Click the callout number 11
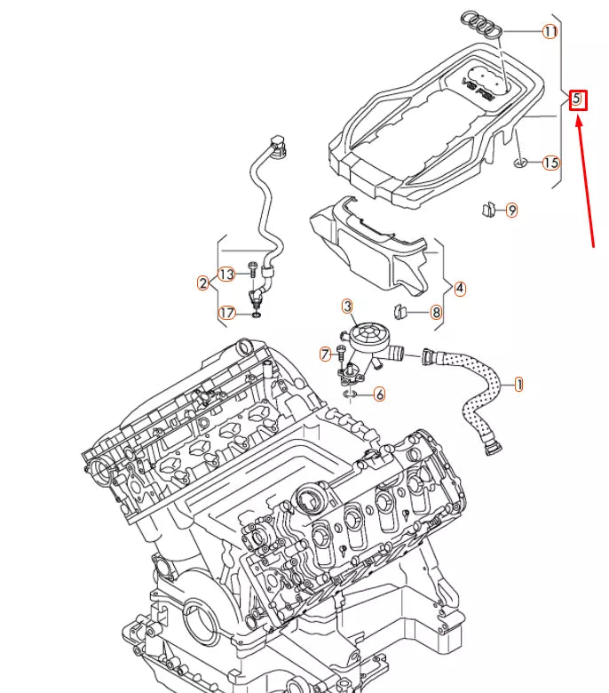[x=550, y=32]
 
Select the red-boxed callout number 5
[x=577, y=100]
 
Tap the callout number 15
[x=551, y=163]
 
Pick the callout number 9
[x=511, y=211]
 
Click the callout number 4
[x=460, y=288]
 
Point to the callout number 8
[x=436, y=312]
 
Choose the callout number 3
[x=347, y=307]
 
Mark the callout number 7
[x=326, y=354]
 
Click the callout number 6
[x=379, y=394]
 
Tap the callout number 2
[x=203, y=283]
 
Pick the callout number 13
[x=226, y=274]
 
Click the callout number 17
[x=226, y=313]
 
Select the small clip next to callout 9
[x=486, y=210]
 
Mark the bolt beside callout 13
[x=252, y=267]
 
